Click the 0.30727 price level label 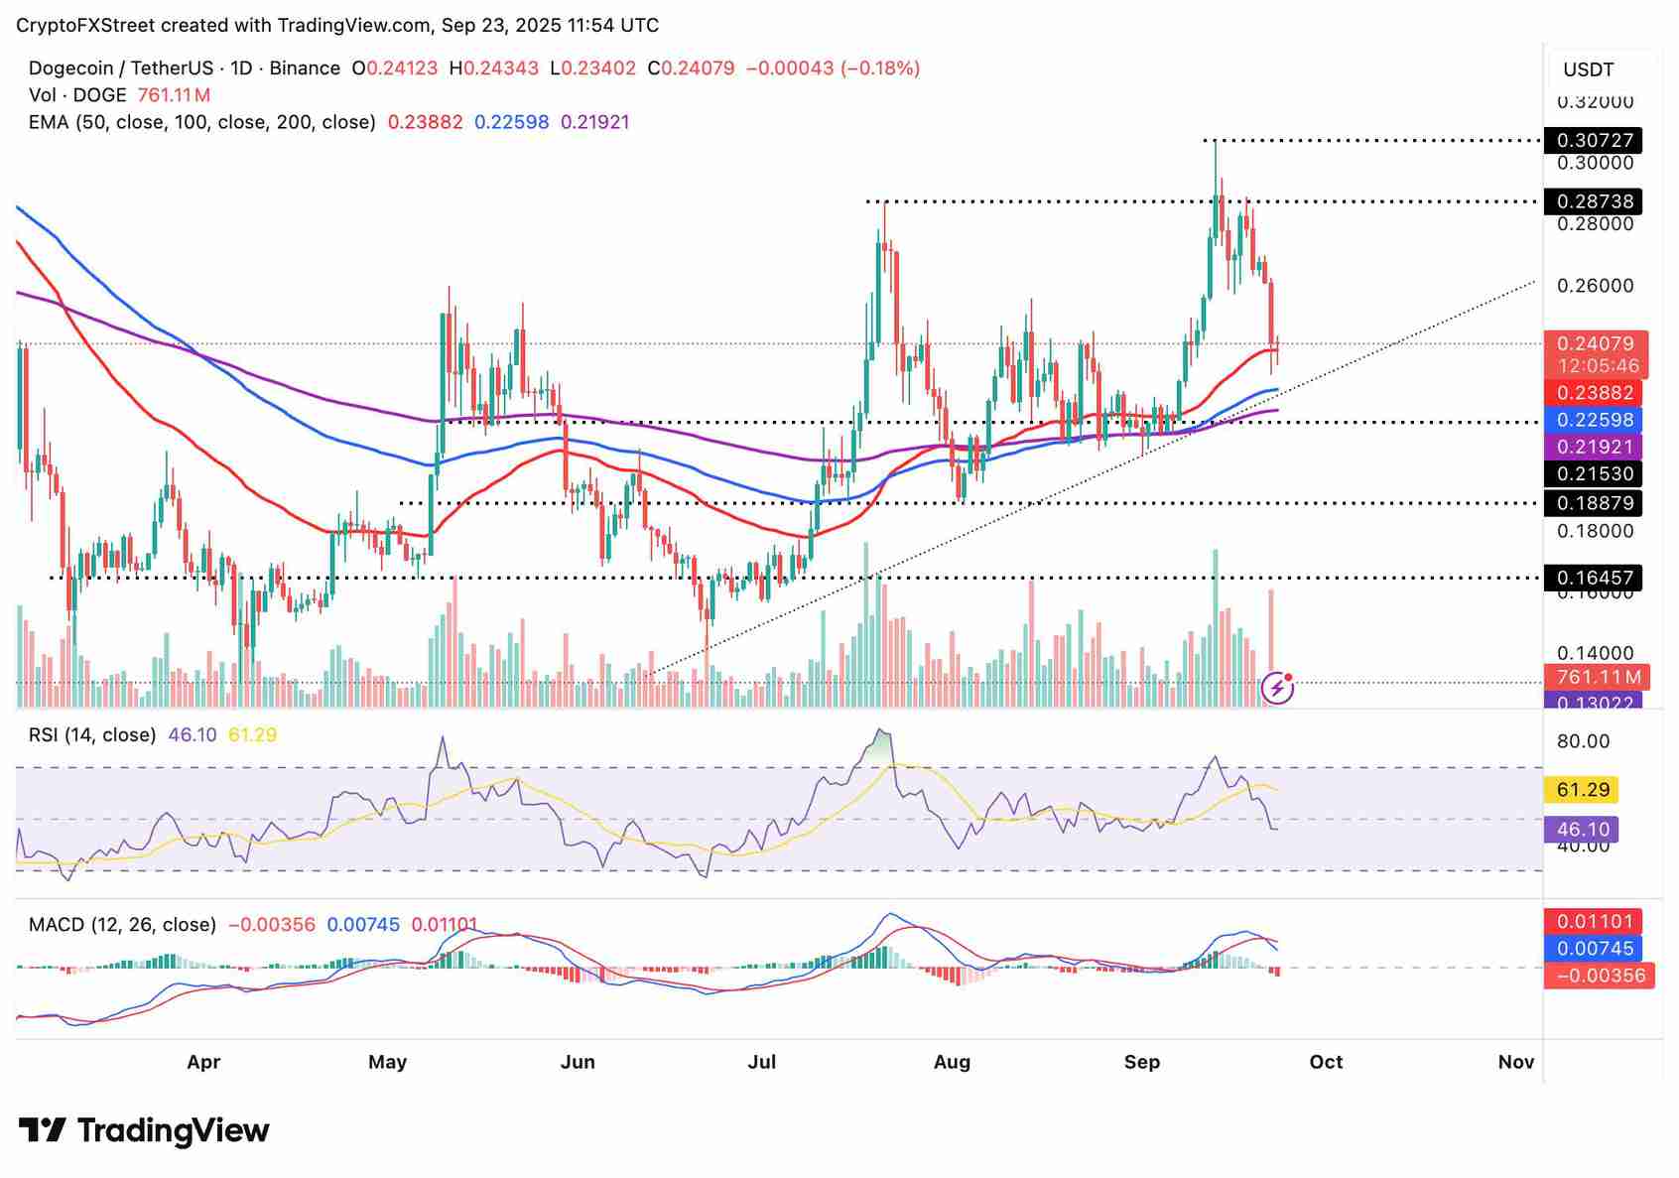coord(1594,140)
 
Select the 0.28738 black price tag coord(1594,201)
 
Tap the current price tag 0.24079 coord(1596,344)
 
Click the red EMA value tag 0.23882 coord(1596,393)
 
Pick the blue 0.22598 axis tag coord(1596,420)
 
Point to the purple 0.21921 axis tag coord(1596,447)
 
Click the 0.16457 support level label coord(1594,578)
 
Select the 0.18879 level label coord(1594,503)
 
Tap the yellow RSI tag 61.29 coord(1583,790)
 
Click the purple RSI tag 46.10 coord(1582,830)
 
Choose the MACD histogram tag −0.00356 coord(1600,976)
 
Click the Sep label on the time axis coord(1142,1062)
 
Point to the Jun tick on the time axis coord(578,1062)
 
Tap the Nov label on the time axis coord(1515,1062)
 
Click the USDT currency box coord(1589,69)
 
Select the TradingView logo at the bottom coord(145,1130)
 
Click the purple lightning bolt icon coord(1277,687)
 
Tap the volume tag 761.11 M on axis coord(1598,677)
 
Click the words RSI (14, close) coord(92,735)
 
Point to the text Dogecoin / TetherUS coord(120,68)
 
